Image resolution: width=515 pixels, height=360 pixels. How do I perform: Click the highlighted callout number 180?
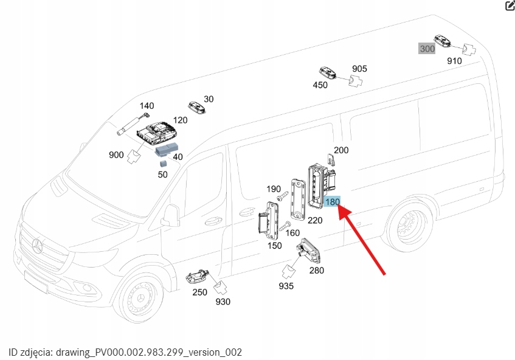[x=332, y=201]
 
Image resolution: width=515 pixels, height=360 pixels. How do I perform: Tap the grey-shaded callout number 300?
[x=427, y=49]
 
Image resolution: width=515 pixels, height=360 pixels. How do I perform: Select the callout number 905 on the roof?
[x=359, y=69]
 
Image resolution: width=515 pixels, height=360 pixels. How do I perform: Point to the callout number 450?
[x=320, y=85]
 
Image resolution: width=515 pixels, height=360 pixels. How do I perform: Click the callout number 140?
[x=147, y=106]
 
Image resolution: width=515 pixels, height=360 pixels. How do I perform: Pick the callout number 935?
[x=286, y=286]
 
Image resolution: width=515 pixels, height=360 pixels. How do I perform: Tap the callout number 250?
[x=199, y=292]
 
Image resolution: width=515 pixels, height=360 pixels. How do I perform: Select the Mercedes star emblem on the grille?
[x=37, y=246]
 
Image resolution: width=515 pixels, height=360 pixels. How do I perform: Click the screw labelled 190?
[x=283, y=196]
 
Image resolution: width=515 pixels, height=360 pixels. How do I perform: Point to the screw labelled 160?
[x=285, y=226]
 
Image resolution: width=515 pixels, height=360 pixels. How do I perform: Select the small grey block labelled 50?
[x=162, y=163]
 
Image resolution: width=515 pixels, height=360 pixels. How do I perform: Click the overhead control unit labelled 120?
[x=157, y=133]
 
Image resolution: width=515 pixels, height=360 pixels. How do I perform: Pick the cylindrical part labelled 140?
[x=133, y=123]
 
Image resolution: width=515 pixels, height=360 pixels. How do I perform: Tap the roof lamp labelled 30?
[x=197, y=107]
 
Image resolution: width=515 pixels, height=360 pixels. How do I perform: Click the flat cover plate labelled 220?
[x=298, y=199]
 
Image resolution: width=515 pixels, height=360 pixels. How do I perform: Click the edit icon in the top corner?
[x=510, y=5]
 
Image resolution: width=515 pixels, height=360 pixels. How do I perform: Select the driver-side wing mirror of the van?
[x=170, y=216]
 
